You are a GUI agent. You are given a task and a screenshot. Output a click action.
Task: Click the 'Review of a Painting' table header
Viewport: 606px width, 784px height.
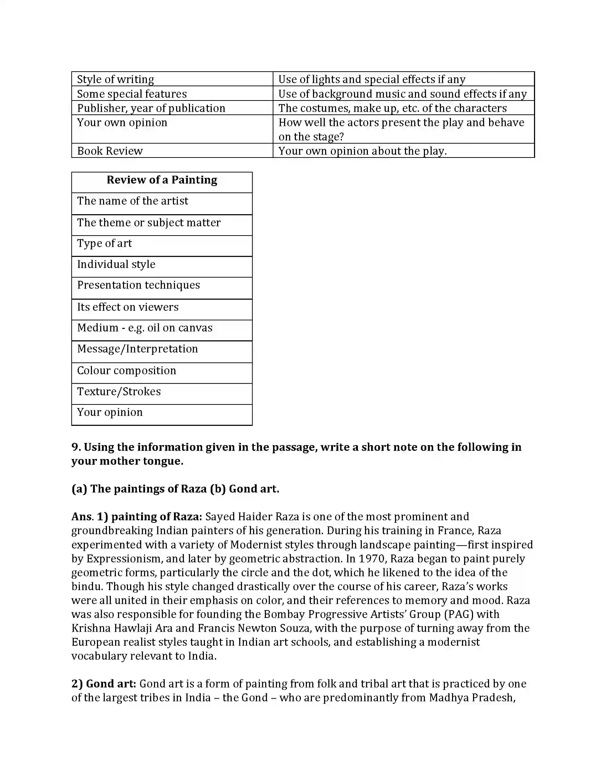click(x=162, y=180)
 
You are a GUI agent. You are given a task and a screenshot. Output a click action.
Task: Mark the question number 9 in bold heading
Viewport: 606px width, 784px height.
click(x=76, y=447)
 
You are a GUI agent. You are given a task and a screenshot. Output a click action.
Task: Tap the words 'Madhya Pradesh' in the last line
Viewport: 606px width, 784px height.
click(x=471, y=697)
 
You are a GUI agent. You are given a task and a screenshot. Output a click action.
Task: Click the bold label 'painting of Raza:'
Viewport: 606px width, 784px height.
click(x=156, y=517)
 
